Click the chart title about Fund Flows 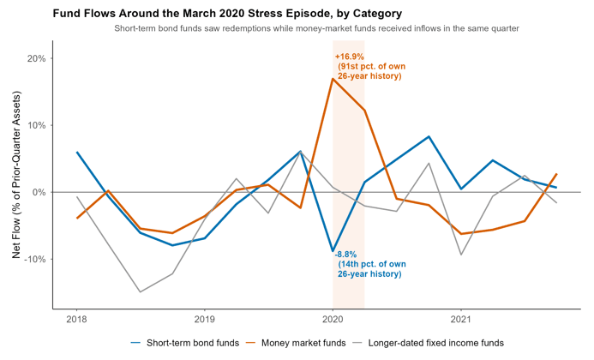click(x=227, y=14)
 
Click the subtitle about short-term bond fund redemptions click(x=316, y=28)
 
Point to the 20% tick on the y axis click(x=37, y=59)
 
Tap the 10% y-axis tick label click(x=37, y=125)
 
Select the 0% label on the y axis click(x=39, y=193)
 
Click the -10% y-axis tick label click(x=35, y=259)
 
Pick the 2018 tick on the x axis click(x=76, y=319)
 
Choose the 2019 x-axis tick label click(x=205, y=319)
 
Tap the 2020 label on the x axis click(x=333, y=319)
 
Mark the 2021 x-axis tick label click(x=460, y=319)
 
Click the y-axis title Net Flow click(x=16, y=175)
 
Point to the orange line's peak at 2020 click(x=333, y=79)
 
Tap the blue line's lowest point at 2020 click(x=333, y=251)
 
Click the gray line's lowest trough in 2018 click(x=141, y=291)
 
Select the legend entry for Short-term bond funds click(x=185, y=343)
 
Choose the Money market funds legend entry click(x=296, y=343)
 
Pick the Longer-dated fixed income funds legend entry click(x=429, y=343)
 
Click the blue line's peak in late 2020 click(x=429, y=136)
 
